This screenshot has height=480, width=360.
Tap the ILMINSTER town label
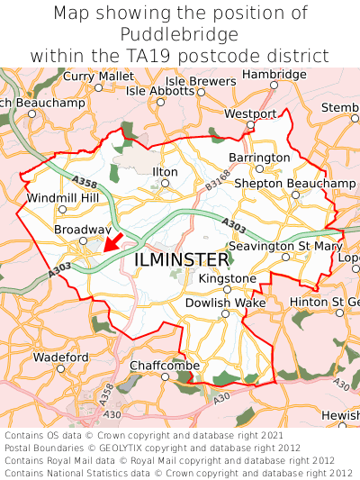pos(181,259)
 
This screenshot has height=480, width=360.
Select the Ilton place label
pos(165,171)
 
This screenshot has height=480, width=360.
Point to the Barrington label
pos(260,157)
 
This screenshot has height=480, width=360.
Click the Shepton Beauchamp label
pos(294,183)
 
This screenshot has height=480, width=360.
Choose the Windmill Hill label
pos(62,197)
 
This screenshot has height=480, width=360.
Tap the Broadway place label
pos(82,230)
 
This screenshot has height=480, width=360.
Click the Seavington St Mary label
pos(285,245)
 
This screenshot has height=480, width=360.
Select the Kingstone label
pos(227,278)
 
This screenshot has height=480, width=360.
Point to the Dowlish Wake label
pos(225,303)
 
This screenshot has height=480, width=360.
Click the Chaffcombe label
pos(164,365)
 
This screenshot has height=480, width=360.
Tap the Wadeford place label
pos(60,357)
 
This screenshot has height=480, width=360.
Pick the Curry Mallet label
pos(98,76)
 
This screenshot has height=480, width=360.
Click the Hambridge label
pos(274,74)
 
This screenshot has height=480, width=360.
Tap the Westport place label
pos(249,114)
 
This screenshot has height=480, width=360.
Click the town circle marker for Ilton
pos(165,184)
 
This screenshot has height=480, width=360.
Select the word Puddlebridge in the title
pos(180,34)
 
